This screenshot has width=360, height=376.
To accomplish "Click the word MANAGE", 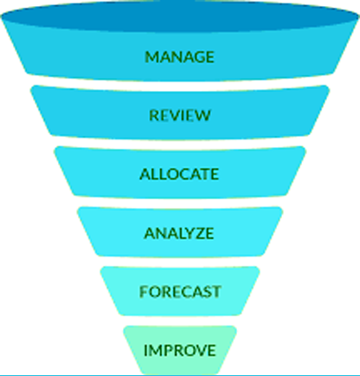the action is coord(179,57).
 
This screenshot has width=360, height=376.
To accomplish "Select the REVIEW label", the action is coord(180,115).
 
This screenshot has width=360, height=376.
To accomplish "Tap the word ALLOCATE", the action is coord(179,174).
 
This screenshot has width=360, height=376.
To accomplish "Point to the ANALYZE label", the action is coord(179,233).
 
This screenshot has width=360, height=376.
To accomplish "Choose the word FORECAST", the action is coord(180,292).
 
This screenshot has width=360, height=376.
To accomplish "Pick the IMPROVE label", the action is coord(180,350).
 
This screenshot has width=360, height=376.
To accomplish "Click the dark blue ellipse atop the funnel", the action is coord(179,16).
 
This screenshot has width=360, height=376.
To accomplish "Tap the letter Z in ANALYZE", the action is coord(196,233).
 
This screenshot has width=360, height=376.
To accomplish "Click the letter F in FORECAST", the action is coord(144,292).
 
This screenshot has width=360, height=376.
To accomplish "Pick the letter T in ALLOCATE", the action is coord(203,174).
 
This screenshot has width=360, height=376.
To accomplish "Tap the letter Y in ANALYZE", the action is coord(184,233).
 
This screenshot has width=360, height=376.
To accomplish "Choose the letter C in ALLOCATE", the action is coord(181,174).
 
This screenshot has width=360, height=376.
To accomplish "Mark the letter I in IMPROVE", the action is coord(145,350).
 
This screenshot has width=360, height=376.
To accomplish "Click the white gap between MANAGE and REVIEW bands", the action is coord(179,83).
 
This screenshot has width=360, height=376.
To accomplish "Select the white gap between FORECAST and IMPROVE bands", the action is coord(179,321).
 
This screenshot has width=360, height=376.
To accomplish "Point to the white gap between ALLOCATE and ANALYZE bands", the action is coord(179,202).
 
